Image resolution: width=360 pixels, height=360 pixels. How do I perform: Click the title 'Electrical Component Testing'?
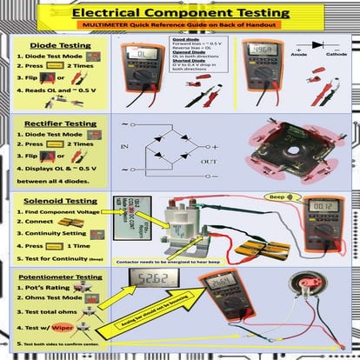click(180, 13)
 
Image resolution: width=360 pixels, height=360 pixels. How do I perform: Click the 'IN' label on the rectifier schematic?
click(125, 148)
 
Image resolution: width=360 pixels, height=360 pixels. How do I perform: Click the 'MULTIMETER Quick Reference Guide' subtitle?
click(180, 28)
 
